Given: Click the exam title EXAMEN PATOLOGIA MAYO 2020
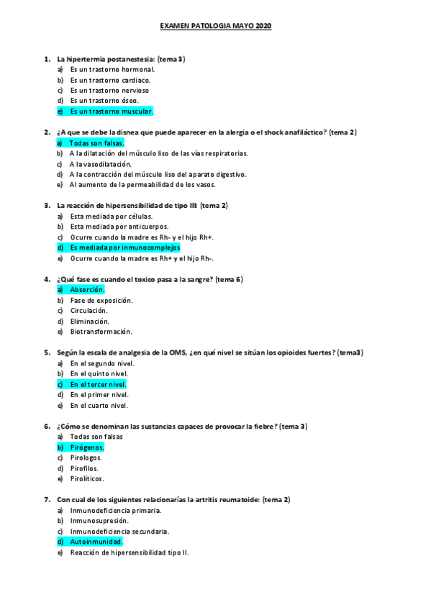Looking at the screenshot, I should pos(216,26).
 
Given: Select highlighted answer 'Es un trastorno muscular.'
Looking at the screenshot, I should pos(111,111).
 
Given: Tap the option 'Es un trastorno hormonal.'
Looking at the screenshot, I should pos(112,69).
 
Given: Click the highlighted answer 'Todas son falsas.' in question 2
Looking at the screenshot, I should pos(97,142).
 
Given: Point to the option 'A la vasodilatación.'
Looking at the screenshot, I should pos(101,163).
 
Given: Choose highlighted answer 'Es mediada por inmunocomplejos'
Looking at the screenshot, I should pos(125,247).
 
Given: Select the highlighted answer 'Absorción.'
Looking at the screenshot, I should pos(87,289).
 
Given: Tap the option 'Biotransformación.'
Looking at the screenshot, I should pos(101,332).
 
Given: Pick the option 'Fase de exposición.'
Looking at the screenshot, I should pos(101,300).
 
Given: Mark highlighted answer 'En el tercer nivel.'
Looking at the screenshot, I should pos(99,384).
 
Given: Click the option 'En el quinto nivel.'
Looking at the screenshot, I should pos(99,374).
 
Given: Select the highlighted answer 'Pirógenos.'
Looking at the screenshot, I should pos(87,447).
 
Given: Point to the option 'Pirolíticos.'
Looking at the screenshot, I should pos(87,478).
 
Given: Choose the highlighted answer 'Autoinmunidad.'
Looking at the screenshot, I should pos(96,542).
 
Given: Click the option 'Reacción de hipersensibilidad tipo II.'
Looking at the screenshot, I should pos(130,552).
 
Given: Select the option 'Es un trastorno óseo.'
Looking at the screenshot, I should pos(104,101).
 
